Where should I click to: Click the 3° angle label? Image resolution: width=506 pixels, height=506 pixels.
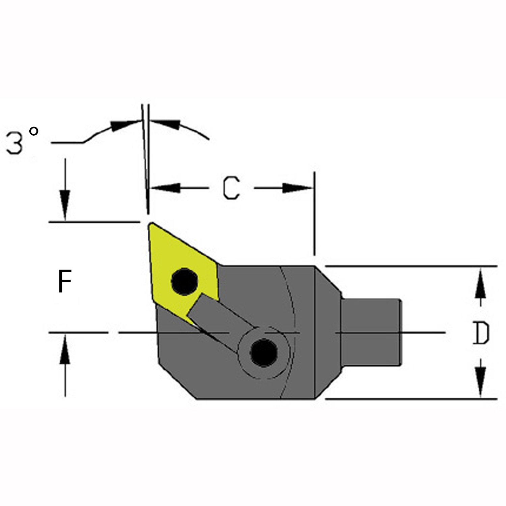click(x=22, y=141)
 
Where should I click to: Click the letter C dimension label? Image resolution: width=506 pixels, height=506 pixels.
click(x=231, y=188)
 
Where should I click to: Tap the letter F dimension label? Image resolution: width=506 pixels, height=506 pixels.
click(x=64, y=282)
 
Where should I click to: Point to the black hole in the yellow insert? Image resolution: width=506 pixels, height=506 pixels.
click(x=184, y=282)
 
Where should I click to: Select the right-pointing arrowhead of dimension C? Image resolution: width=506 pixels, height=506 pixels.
click(x=297, y=188)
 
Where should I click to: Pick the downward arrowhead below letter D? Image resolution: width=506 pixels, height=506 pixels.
click(x=481, y=381)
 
